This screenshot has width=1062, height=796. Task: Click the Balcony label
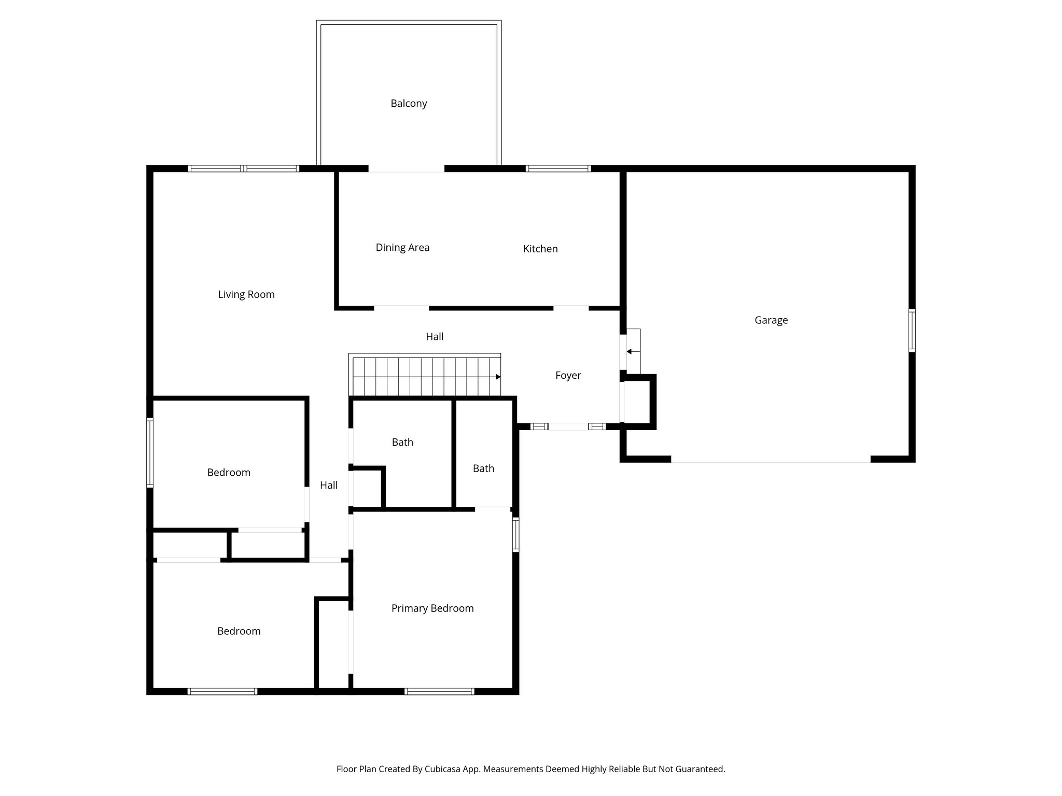pos(409,104)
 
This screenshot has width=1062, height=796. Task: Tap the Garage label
pos(771,320)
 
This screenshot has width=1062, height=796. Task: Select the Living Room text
pos(246,294)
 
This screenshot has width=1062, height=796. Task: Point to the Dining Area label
pos(402,248)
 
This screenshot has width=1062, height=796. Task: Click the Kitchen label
pos(540,249)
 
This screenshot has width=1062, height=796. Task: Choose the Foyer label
pos(568,375)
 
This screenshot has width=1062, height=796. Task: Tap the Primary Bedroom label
pos(432,608)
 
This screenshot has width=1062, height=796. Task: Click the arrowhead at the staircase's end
pos(498,377)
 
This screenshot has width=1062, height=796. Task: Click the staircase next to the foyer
pos(425,376)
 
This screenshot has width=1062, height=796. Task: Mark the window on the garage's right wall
pos(912,331)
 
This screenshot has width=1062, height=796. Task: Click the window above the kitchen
pos(558,168)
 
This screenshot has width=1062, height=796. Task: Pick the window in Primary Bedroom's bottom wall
pos(439,691)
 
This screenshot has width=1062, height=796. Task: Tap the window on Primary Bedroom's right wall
pos(515,534)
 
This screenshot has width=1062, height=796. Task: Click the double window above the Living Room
pos(243,168)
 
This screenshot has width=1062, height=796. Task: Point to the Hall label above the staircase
pos(435,337)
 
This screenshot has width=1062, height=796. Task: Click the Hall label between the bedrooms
pos(329,486)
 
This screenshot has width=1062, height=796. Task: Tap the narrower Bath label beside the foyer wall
pos(483,468)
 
